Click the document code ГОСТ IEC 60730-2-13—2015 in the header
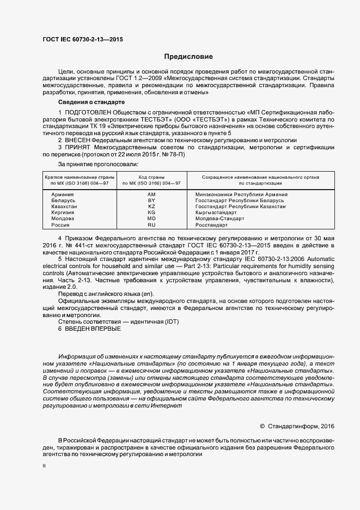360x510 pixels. pyautogui.click(x=82, y=39)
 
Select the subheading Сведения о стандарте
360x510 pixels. pyautogui.click(x=91, y=102)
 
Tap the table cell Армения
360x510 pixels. pyautogui.click(x=63, y=195)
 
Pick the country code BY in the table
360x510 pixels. pyautogui.click(x=151, y=201)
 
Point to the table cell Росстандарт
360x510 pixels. pyautogui.click(x=212, y=224)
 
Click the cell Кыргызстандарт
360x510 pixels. pyautogui.click(x=216, y=212)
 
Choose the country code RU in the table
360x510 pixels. pyautogui.click(x=151, y=224)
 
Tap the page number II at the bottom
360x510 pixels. pyautogui.click(x=44, y=466)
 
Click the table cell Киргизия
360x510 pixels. pyautogui.click(x=63, y=212)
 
